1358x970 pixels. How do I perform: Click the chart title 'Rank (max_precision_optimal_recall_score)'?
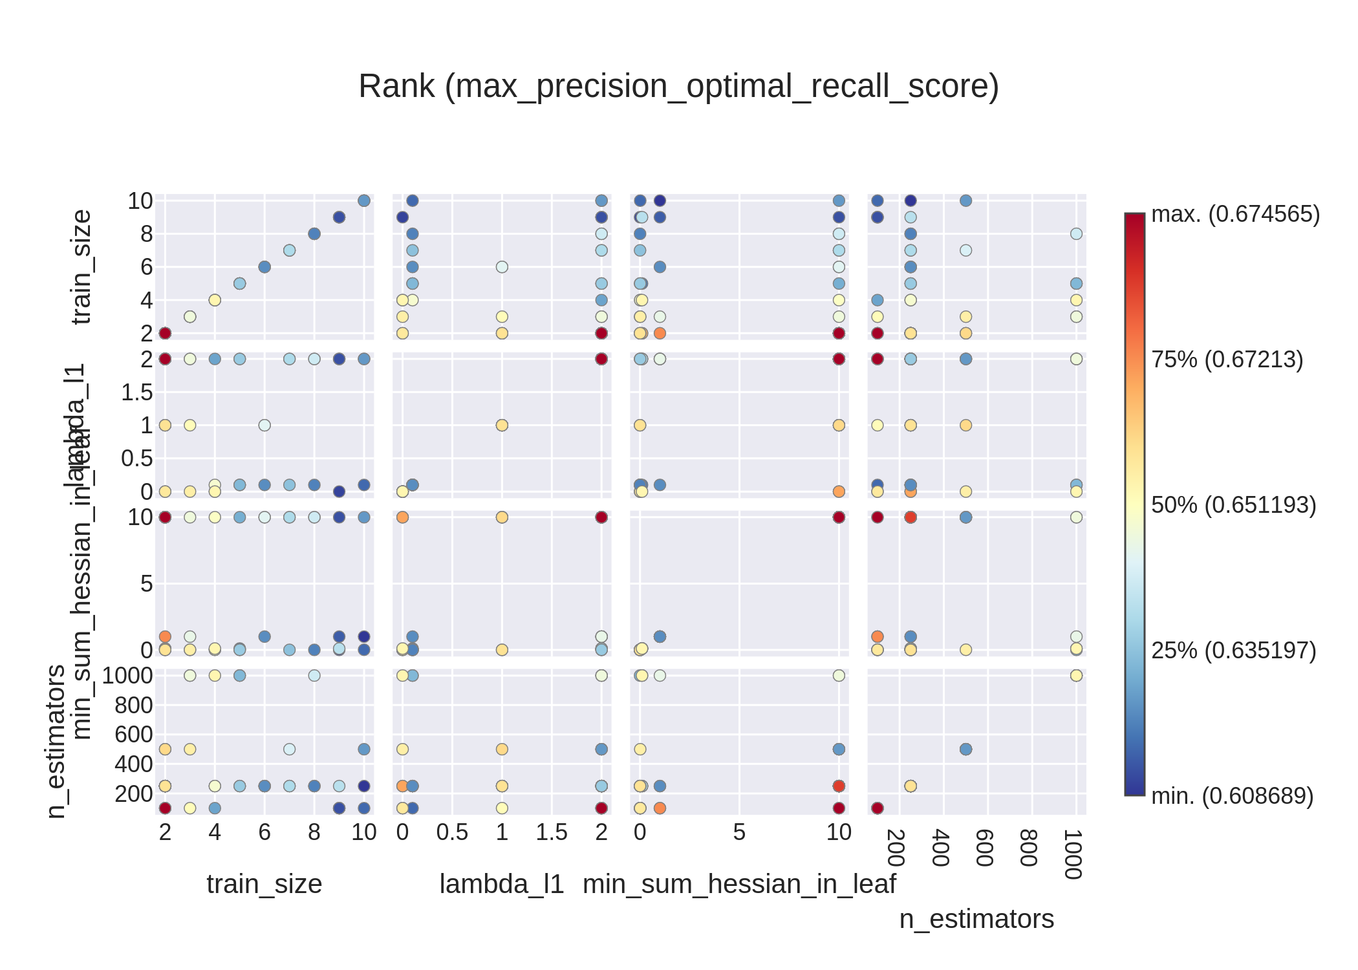pyautogui.click(x=678, y=86)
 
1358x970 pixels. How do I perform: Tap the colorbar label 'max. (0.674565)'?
pyautogui.click(x=1235, y=214)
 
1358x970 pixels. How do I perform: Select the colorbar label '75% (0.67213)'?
pyautogui.click(x=1227, y=360)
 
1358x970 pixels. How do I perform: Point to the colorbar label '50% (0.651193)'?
pyautogui.click(x=1233, y=505)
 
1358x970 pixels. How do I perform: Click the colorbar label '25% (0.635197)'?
pyautogui.click(x=1233, y=651)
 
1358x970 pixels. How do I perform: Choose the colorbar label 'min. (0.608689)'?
pyautogui.click(x=1232, y=796)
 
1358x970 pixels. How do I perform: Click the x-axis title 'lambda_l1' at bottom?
pyautogui.click(x=502, y=884)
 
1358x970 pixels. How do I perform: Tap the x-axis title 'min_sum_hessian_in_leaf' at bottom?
pyautogui.click(x=739, y=884)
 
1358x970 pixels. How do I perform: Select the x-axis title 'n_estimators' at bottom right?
pyautogui.click(x=976, y=919)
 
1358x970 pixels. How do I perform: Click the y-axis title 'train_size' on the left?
pyautogui.click(x=82, y=267)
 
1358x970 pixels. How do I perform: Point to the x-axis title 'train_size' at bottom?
pyautogui.click(x=264, y=884)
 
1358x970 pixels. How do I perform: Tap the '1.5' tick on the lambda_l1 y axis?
pyautogui.click(x=137, y=393)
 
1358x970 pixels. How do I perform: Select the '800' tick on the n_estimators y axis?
pyautogui.click(x=134, y=706)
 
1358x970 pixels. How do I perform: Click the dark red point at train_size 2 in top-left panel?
pyautogui.click(x=165, y=333)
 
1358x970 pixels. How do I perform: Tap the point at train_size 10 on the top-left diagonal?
pyautogui.click(x=364, y=200)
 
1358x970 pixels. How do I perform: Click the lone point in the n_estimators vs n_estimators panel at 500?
pyautogui.click(x=965, y=749)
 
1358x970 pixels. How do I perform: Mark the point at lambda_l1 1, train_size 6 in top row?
pyautogui.click(x=502, y=267)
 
